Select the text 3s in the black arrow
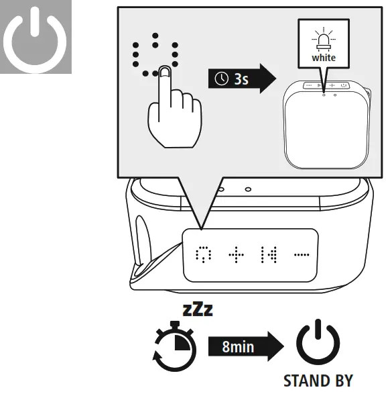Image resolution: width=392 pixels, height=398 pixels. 240,79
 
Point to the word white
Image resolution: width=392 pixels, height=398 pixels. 324,58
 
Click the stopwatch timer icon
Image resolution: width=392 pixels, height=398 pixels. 176,346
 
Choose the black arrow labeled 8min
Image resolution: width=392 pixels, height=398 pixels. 247,346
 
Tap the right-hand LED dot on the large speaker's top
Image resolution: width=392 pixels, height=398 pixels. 248,190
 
